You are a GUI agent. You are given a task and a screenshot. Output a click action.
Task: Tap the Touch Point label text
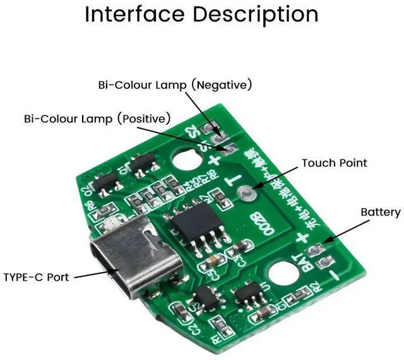coord(334,163)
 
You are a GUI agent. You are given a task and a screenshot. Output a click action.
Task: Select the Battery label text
coord(380,212)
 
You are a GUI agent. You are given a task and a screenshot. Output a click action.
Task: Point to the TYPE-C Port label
coord(36,276)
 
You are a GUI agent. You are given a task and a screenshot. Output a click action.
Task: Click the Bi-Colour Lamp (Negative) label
coord(175,84)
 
